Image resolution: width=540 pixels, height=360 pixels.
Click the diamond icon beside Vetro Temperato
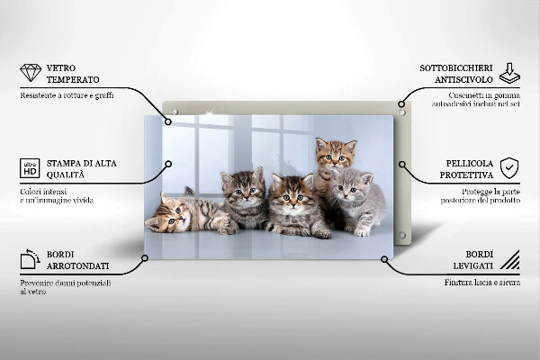(30, 73)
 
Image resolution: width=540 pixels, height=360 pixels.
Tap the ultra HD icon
(30, 168)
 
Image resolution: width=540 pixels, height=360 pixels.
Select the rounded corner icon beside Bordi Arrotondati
(30, 260)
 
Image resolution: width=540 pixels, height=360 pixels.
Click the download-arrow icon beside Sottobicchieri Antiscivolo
(509, 73)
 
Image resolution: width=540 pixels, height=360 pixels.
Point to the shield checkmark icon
(509, 168)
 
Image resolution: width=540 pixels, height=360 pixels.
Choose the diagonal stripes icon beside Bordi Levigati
(509, 260)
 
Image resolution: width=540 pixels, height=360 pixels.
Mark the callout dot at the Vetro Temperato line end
(168, 120)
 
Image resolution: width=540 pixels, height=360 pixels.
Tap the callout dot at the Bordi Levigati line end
(384, 259)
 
